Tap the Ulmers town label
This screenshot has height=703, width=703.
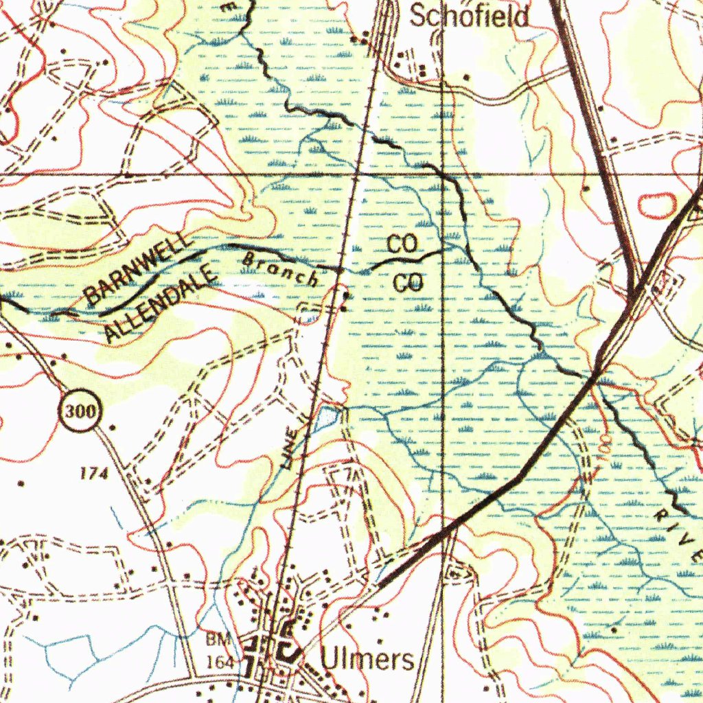[368, 660]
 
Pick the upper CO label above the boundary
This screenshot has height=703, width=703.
[402, 244]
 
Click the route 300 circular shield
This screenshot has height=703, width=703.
[80, 412]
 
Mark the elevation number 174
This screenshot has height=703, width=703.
[95, 472]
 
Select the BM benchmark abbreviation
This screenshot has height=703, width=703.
[215, 639]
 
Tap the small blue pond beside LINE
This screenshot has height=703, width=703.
[328, 416]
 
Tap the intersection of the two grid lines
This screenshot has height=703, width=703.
[443, 174]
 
